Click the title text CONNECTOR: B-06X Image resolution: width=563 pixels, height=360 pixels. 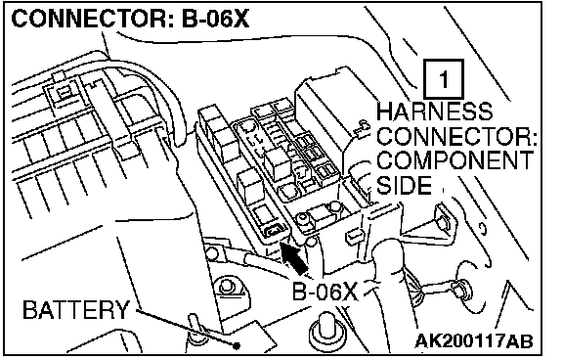[130, 18]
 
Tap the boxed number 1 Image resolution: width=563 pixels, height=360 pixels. [444, 79]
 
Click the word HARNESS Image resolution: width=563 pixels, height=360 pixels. [434, 112]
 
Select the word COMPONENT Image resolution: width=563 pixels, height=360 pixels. [455, 160]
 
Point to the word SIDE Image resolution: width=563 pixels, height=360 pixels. [404, 185]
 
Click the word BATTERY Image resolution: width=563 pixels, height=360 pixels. [76, 309]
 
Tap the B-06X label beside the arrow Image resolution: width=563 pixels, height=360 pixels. [325, 291]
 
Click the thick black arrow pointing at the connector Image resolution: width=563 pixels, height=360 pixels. [292, 257]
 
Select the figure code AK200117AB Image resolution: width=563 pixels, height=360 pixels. [474, 340]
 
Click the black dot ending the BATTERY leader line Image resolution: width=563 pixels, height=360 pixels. [236, 346]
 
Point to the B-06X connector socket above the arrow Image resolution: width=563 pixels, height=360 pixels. [276, 231]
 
